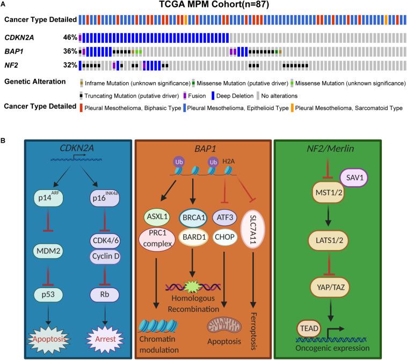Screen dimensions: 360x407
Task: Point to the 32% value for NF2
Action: point(71,67)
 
